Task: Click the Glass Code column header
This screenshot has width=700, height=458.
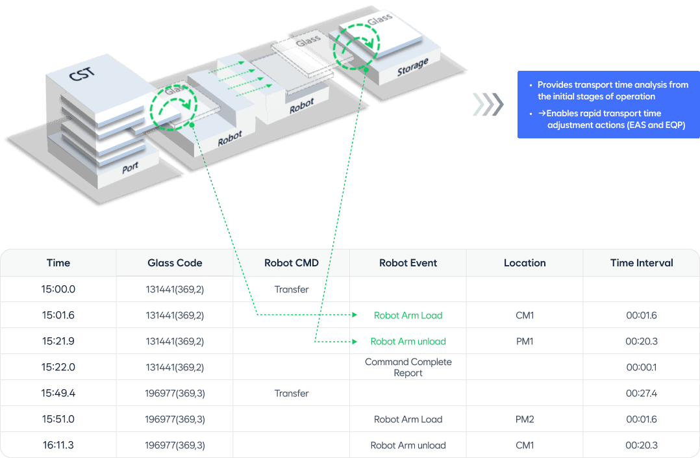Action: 175,262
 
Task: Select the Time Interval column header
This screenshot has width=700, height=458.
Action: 642,262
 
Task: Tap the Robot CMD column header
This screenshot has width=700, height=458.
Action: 292,262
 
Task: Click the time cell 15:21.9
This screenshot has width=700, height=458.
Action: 58,341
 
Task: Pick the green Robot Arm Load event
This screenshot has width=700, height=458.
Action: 408,315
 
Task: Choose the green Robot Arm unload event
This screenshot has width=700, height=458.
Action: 408,341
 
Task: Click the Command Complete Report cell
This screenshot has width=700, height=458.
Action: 408,367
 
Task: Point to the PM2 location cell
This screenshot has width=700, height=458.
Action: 525,419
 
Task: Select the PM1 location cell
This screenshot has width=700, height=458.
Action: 525,341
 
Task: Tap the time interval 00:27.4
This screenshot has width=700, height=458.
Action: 642,393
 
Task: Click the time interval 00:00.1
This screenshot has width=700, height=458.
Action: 642,367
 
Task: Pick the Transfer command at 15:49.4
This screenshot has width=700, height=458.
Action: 292,393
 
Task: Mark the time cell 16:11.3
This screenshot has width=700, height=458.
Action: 58,445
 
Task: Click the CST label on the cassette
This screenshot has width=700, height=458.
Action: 82,73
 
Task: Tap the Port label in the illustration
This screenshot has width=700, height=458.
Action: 130,168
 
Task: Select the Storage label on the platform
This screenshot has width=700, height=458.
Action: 413,66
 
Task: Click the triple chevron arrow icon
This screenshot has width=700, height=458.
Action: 488,105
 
